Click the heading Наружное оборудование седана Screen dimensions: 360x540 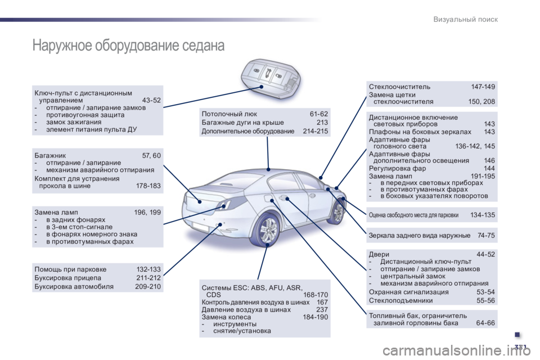(128, 45)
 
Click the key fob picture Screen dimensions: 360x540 (271, 78)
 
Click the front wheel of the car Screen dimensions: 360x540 (337, 211)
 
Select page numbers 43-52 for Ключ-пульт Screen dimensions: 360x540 (151, 100)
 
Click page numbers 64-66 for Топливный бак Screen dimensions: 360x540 (485, 323)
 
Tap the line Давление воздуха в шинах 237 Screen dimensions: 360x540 (264, 309)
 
